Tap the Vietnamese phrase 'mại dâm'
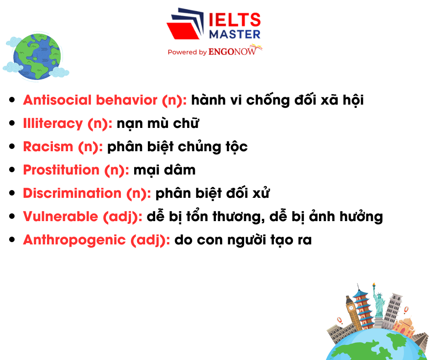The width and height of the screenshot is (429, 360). point(164,170)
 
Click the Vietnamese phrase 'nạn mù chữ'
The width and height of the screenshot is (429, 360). point(157,123)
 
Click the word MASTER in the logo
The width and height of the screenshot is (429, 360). point(235,34)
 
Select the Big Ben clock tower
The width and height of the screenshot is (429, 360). point(351,313)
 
